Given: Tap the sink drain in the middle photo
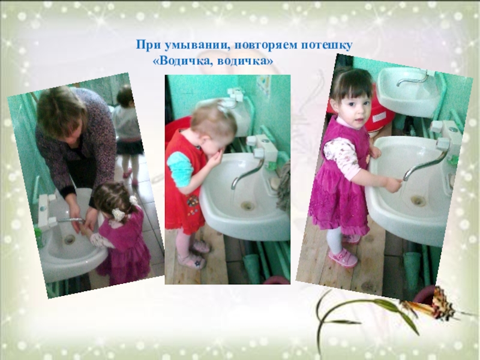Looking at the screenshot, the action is pos(247,205).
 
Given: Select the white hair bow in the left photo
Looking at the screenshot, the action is pos(118,214).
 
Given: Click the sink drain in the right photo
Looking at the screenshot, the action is pos(418,200).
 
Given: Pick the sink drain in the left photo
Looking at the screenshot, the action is pos(70,239).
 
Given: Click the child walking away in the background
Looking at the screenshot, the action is pos(128,134).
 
